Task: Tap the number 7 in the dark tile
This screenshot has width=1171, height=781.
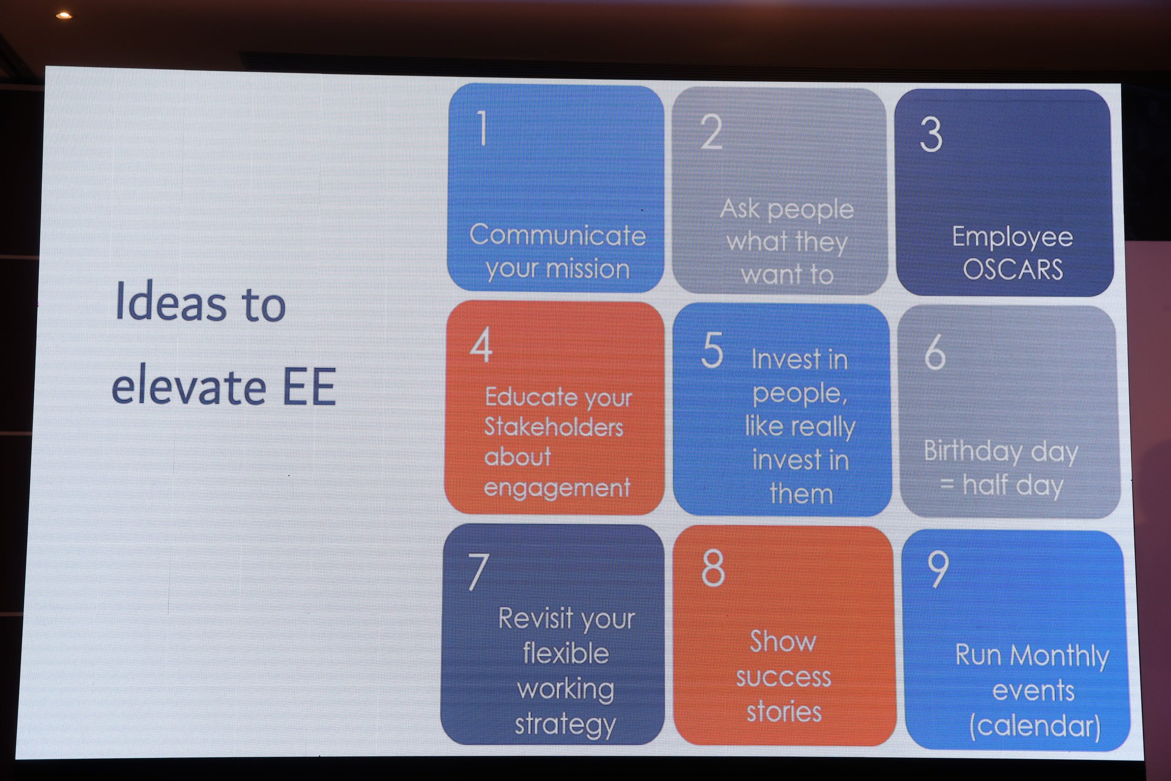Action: coord(478,572)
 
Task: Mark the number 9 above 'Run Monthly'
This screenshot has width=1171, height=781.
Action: coord(938,569)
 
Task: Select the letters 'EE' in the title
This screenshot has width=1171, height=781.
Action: coord(309,387)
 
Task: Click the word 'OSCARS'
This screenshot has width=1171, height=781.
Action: coord(1013,269)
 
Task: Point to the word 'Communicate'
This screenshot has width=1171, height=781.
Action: coord(558,235)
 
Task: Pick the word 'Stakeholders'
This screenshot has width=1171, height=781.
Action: coord(553,427)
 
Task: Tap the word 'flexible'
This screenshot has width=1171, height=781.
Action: coord(565,653)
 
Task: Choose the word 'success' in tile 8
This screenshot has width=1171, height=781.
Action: coord(784,677)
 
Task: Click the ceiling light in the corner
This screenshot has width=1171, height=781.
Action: coord(63,16)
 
